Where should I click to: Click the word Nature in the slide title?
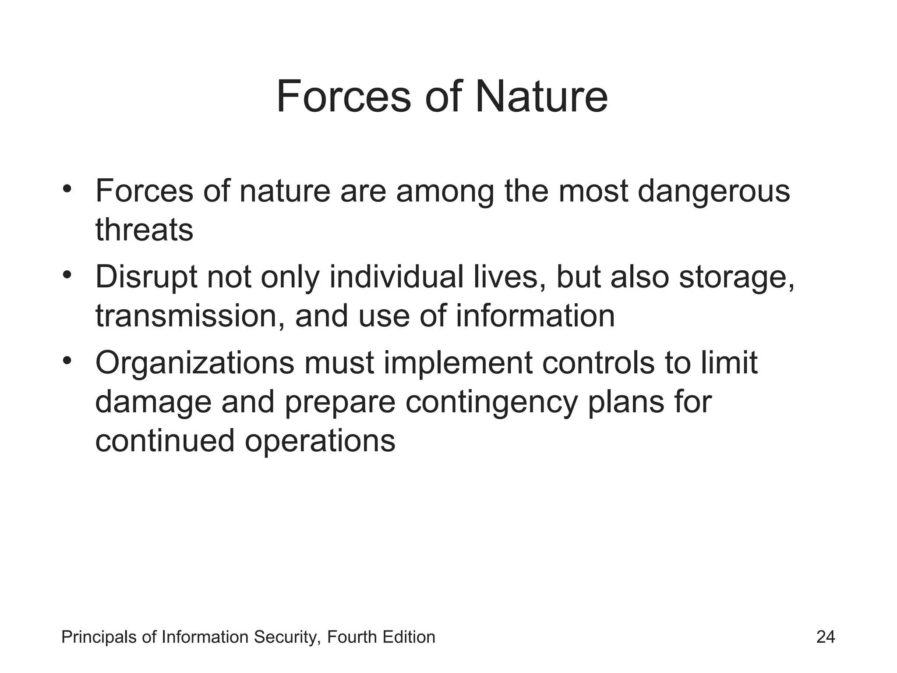tap(541, 96)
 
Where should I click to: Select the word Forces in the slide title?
tap(343, 96)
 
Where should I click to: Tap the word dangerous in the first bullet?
tap(713, 191)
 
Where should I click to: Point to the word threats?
tap(144, 230)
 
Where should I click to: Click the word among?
tap(445, 191)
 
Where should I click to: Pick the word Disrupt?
tap(146, 278)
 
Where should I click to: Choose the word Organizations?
tap(194, 364)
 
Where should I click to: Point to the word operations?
tap(320, 441)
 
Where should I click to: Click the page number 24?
tap(826, 637)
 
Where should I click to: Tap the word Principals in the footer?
tap(99, 637)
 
